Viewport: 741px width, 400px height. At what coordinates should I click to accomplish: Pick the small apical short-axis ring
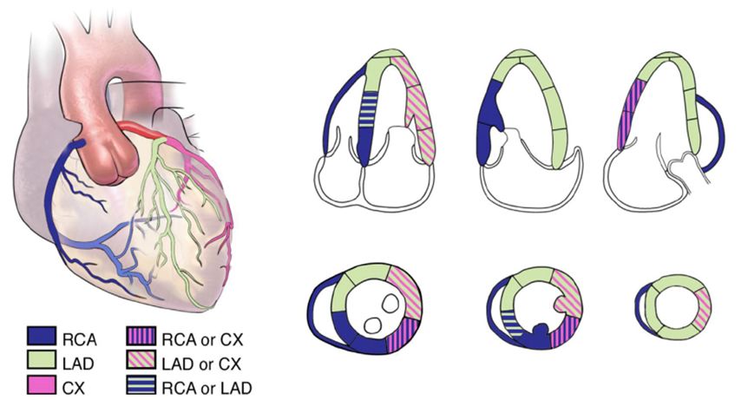(672, 309)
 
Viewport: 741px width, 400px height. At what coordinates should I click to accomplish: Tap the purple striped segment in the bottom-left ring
(401, 334)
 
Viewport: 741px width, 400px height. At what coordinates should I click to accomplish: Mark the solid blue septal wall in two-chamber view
(486, 121)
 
